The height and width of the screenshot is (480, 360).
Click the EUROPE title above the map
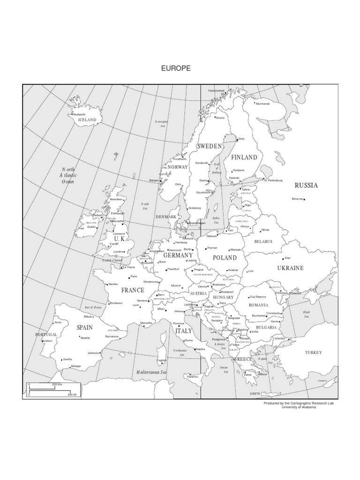coord(176,68)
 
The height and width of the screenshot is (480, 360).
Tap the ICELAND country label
coord(87,120)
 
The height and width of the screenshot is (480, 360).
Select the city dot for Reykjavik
coord(71,114)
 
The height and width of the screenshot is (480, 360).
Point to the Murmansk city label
coord(263,104)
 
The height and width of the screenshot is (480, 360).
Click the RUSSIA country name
coord(306,186)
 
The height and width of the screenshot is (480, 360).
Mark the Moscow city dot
coord(305,200)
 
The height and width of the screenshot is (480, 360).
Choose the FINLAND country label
coord(244,157)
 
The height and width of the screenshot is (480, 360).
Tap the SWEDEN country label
coord(209,147)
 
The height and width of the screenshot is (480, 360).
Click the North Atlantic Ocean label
coord(68,175)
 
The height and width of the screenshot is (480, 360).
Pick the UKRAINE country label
coord(290,268)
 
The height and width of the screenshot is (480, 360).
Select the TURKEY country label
coord(314,352)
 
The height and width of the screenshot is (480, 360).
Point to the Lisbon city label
coord(47,341)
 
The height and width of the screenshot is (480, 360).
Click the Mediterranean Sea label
coord(151,372)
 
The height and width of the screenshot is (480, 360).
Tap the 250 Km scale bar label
coord(57,384)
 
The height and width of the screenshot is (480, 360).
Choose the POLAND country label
coord(225,258)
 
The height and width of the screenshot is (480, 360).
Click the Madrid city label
coord(85,337)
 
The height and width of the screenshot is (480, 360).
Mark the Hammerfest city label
coord(217,90)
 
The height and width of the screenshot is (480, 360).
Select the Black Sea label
coord(307,314)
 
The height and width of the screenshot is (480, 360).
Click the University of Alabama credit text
coord(299,407)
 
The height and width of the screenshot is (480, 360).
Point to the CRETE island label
coord(255,394)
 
